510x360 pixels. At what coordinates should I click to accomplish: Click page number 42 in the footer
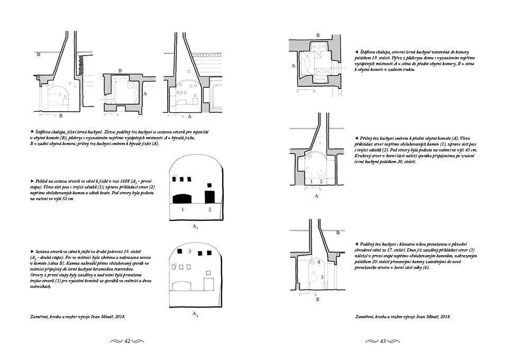(x=127, y=341)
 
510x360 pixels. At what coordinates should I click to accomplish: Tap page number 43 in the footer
(x=382, y=341)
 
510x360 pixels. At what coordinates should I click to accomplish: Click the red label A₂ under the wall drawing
(x=195, y=314)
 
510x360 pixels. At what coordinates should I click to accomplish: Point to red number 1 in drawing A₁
(x=183, y=210)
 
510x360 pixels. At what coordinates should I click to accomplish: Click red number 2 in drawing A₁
(x=210, y=210)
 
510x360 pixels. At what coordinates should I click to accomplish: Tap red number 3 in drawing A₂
(x=189, y=251)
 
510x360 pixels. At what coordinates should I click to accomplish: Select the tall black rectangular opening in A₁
(x=210, y=196)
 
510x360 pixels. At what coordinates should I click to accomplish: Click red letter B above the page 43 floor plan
(x=318, y=35)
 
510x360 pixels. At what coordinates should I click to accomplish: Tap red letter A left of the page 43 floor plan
(x=293, y=66)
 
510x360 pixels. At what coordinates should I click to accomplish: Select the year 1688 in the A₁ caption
(x=125, y=181)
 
